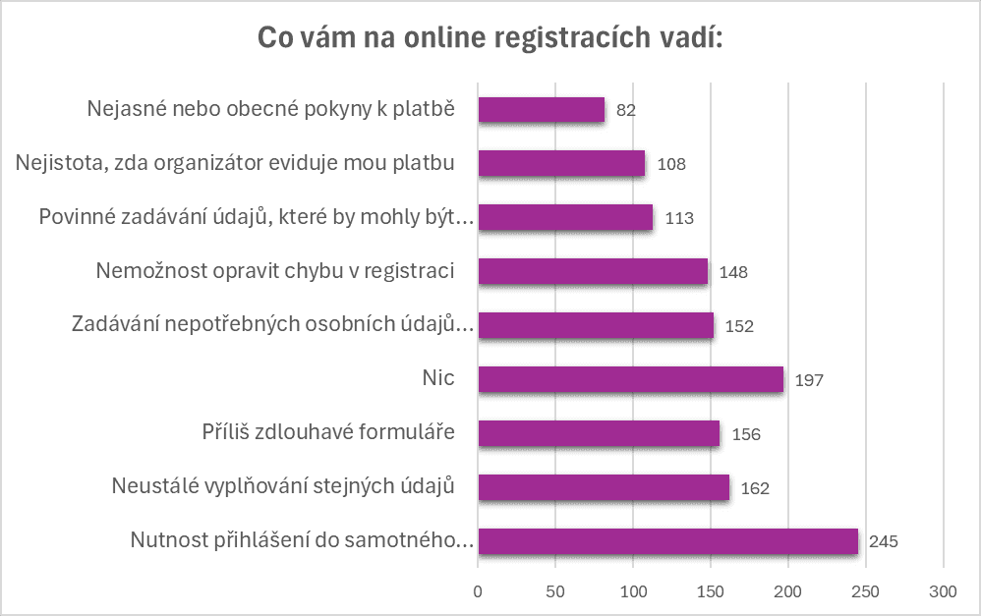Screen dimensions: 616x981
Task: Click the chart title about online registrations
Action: (490, 38)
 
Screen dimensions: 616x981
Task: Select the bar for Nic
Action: (630, 379)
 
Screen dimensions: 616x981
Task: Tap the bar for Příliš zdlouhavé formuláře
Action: (599, 433)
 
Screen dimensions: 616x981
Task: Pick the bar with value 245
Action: (667, 541)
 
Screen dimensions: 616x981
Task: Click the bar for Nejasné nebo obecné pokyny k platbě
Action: (542, 109)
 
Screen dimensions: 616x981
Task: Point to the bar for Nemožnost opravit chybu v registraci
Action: (593, 271)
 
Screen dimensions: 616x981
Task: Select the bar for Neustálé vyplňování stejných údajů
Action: (604, 487)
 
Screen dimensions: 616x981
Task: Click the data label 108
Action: (671, 164)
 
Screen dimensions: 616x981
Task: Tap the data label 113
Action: (679, 218)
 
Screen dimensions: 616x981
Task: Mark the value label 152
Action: (739, 326)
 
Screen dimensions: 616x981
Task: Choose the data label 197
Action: (809, 380)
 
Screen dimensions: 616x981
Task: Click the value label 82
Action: (626, 110)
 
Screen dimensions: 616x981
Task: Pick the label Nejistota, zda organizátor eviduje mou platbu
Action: (235, 162)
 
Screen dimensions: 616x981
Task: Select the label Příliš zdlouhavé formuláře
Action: (327, 431)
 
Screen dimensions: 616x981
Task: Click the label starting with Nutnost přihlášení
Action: (302, 539)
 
